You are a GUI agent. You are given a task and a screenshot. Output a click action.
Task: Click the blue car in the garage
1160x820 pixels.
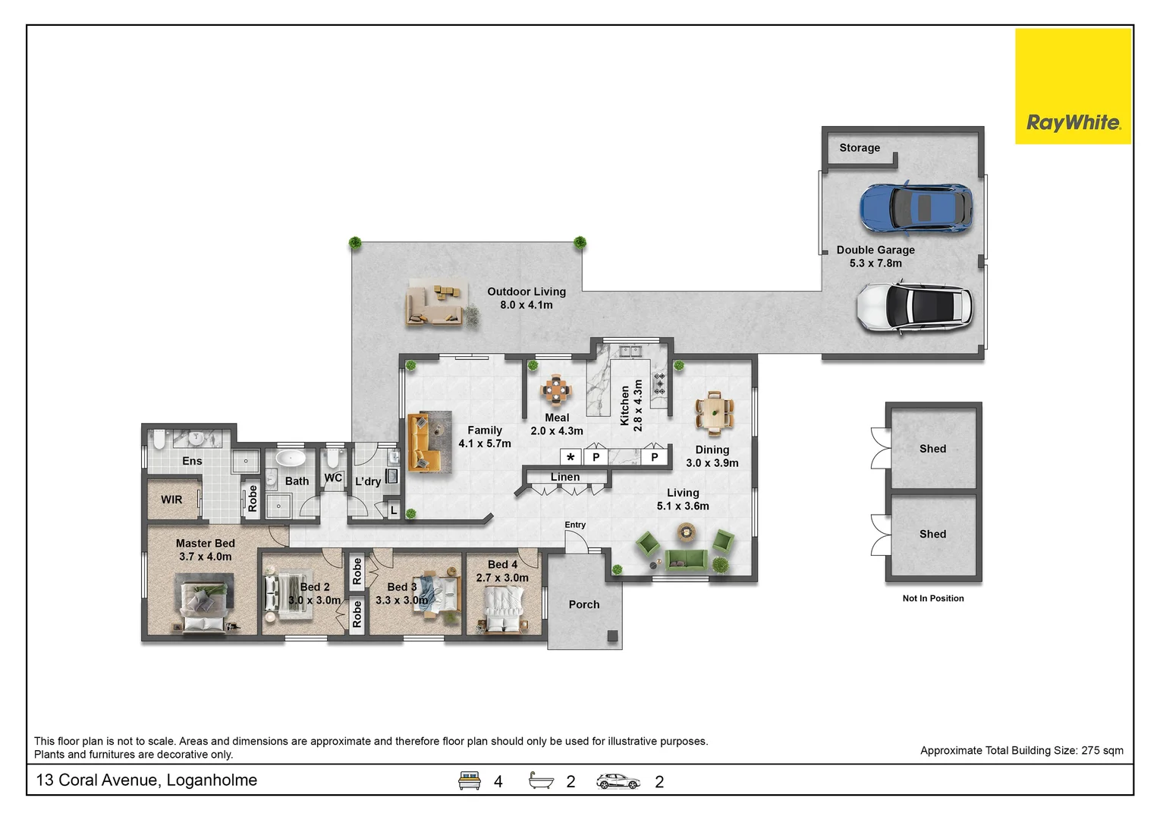916,208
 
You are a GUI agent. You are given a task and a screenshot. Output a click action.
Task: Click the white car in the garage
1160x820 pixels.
915,306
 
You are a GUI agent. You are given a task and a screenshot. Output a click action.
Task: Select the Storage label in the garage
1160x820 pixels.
860,148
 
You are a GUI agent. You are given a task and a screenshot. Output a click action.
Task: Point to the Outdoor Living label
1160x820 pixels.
527,298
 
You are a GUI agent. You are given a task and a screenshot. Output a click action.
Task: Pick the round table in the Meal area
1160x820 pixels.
555,389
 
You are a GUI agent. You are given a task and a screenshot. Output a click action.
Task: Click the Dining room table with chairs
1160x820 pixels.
715,413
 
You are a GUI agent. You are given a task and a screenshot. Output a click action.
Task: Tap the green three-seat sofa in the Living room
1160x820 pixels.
686,560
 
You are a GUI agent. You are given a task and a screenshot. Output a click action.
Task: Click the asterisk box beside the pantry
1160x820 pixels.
571,457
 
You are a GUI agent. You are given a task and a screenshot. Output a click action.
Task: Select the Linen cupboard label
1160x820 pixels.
565,477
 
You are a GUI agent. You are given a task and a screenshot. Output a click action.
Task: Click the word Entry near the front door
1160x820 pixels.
575,525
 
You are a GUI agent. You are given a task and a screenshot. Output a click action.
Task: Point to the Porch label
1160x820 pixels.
584,604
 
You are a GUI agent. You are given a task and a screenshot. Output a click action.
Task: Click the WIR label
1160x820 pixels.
171,500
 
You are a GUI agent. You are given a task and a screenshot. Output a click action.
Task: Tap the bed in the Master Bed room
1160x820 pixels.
205,603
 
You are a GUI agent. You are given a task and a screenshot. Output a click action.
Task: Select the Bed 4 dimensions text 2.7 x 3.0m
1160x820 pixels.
502,578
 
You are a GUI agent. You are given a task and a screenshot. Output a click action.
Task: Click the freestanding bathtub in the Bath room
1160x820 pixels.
291,459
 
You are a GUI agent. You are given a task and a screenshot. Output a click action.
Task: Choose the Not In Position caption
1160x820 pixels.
933,598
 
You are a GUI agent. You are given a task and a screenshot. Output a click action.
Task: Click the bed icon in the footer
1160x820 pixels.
470,781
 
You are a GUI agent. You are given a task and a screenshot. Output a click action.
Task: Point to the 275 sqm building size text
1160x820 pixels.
1102,751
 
